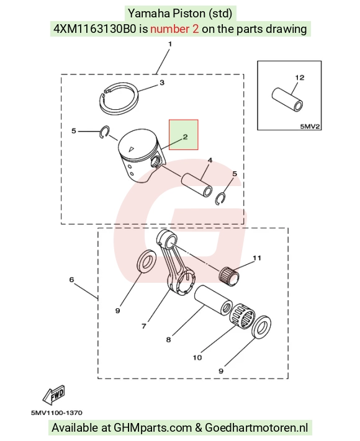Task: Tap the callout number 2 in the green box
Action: pyautogui.click(x=185, y=137)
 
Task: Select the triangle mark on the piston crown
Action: pyautogui.click(x=130, y=149)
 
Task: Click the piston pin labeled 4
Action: pyautogui.click(x=197, y=185)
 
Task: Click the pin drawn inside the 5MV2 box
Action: pyautogui.click(x=287, y=100)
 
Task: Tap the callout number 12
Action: pyautogui.click(x=300, y=78)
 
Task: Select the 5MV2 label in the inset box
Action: pyautogui.click(x=310, y=127)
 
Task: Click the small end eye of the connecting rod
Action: pyautogui.click(x=170, y=241)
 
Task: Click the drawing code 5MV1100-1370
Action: pyautogui.click(x=56, y=413)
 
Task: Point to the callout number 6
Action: pyautogui.click(x=71, y=280)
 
